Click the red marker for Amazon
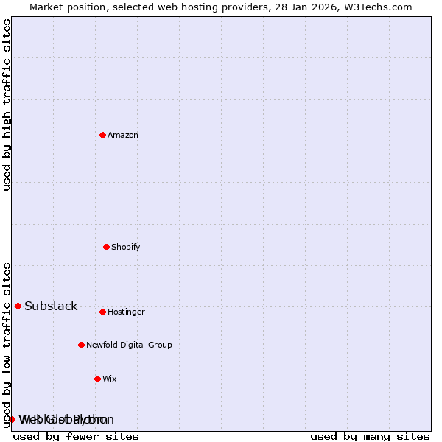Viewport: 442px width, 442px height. coord(102,135)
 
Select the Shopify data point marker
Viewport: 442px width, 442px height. coord(106,247)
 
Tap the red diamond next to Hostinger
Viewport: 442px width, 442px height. coord(102,312)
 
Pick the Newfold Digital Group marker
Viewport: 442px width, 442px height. coord(81,345)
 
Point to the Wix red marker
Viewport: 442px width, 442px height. coord(97,379)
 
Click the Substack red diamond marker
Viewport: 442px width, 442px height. coord(18,306)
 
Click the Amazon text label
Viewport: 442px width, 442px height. coord(123,136)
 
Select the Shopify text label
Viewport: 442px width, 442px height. coord(126,248)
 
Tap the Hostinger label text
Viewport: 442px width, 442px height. coord(127,312)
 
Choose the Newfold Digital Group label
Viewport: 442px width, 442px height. coord(129,345)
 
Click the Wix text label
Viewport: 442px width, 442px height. coord(110,379)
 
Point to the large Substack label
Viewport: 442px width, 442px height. coord(51,306)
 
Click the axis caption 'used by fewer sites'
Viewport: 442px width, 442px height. coord(76,436)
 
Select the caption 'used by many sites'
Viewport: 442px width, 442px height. coord(370,436)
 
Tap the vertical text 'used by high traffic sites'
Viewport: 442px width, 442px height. coord(7,105)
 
